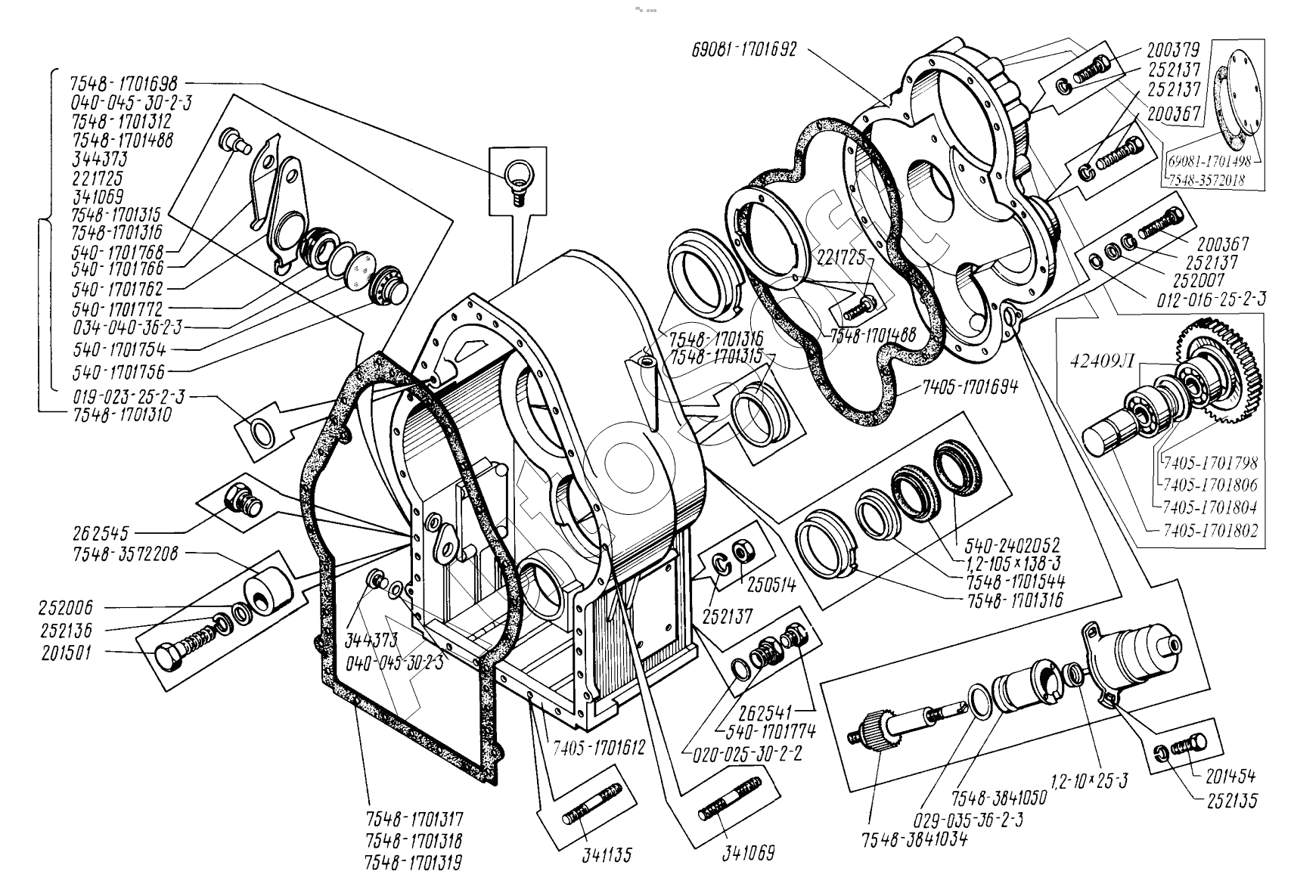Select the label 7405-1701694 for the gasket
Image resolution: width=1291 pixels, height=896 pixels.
(x=970, y=387)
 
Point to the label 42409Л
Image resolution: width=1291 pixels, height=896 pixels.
(x=1102, y=360)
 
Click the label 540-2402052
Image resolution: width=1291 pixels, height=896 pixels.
(x=1012, y=544)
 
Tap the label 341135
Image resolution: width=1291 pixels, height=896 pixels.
(x=607, y=855)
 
